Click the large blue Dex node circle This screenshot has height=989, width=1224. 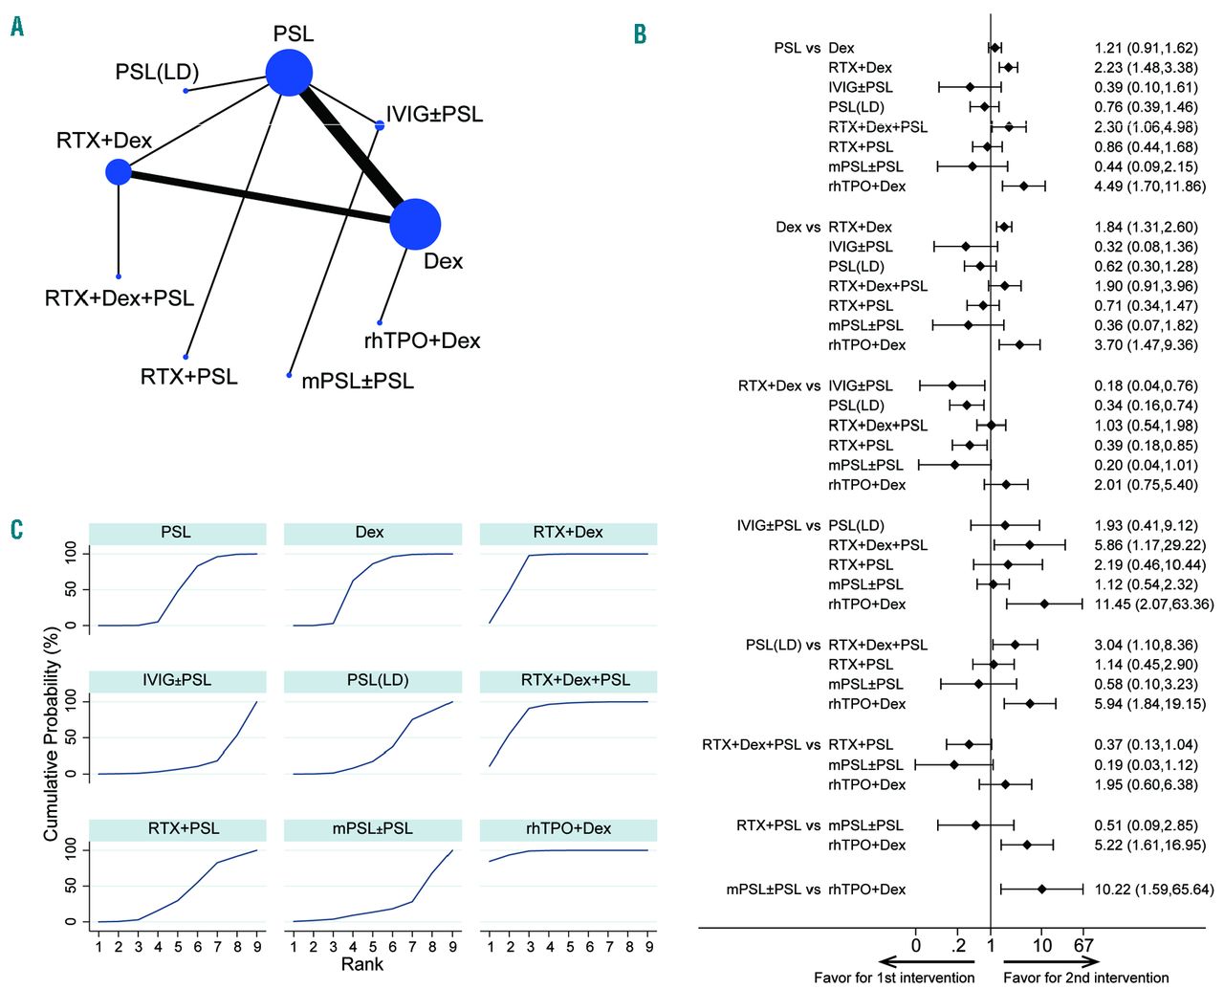[x=415, y=225]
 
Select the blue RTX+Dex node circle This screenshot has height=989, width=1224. [x=119, y=172]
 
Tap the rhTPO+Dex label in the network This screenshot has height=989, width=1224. [x=422, y=341]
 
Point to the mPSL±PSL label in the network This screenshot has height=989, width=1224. [x=358, y=381]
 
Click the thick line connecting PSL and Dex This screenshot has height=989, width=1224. [x=352, y=148]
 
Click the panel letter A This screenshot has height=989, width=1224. [x=17, y=27]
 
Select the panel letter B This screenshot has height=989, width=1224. [x=640, y=33]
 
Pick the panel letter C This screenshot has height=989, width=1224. [x=17, y=529]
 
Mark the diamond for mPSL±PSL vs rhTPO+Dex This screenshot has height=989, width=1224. [x=1041, y=890]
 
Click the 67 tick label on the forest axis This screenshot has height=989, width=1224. [x=1083, y=946]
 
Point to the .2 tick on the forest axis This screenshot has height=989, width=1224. [x=959, y=946]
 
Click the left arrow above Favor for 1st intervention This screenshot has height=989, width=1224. [x=925, y=962]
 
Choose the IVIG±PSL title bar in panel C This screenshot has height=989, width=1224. [x=177, y=680]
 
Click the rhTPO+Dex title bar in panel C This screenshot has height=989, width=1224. [x=568, y=828]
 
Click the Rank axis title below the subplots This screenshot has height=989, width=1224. [x=361, y=964]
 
